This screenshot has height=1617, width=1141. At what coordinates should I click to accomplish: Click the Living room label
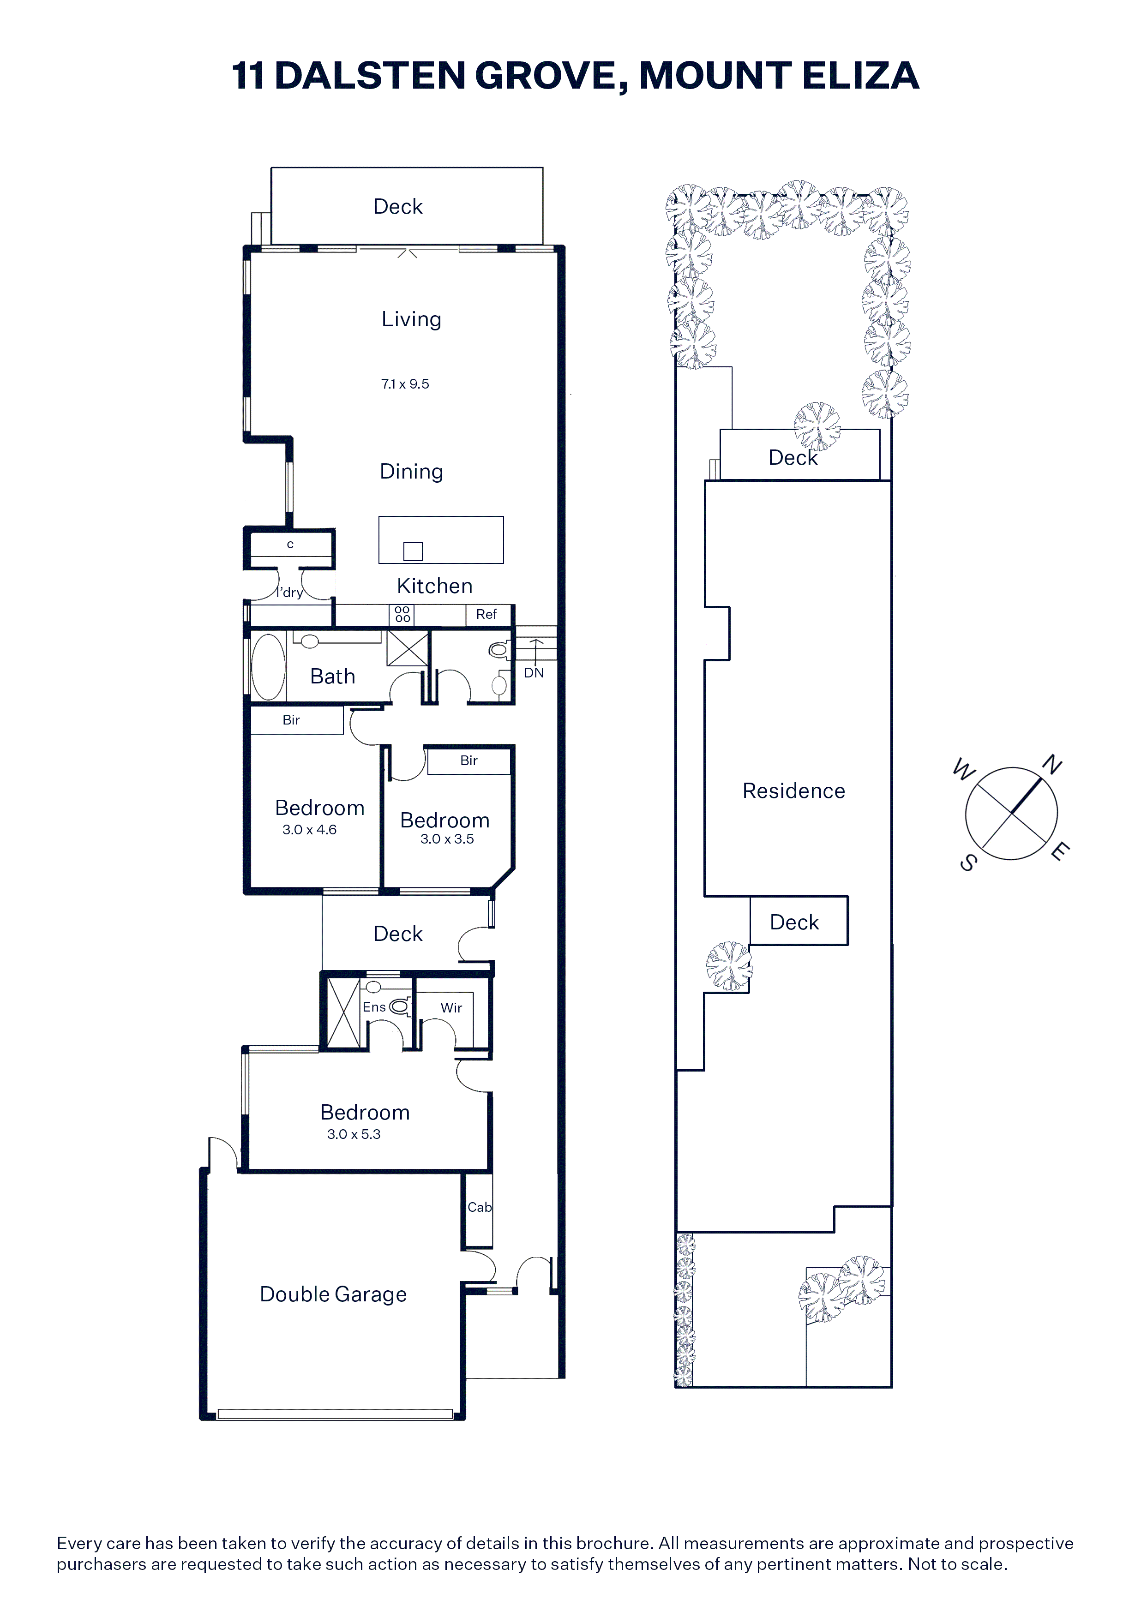tap(411, 320)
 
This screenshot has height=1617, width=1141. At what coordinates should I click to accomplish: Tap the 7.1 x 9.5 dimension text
tap(405, 384)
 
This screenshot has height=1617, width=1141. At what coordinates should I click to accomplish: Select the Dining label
tap(411, 472)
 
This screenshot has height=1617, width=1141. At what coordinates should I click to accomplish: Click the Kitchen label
tap(434, 586)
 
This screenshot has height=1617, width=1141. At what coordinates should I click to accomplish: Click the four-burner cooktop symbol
tap(402, 614)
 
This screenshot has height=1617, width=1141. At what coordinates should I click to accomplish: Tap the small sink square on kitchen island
tap(413, 551)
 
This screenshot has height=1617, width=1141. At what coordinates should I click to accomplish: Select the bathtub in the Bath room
tap(268, 667)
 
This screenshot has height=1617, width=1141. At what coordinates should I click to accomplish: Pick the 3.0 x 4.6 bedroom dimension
tap(309, 830)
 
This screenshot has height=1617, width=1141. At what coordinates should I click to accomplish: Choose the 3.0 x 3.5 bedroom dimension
tap(447, 839)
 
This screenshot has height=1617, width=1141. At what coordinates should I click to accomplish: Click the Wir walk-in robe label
tap(451, 1008)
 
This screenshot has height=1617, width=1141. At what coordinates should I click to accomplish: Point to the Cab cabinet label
tap(480, 1207)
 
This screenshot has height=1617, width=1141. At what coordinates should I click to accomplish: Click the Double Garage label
tap(333, 1294)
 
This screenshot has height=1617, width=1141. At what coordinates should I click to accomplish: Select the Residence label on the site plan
tap(794, 791)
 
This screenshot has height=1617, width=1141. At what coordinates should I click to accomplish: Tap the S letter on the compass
tap(968, 863)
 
